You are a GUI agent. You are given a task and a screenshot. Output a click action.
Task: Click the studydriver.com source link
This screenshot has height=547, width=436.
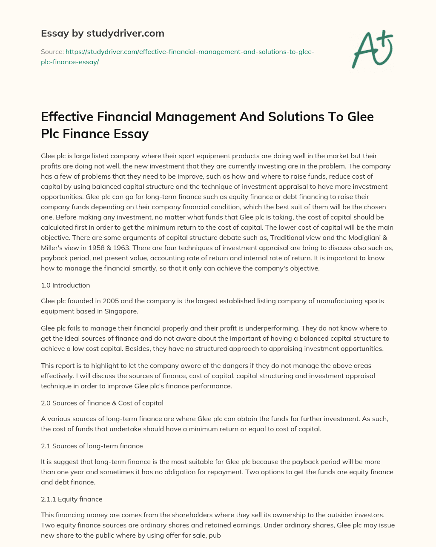pos(189,57)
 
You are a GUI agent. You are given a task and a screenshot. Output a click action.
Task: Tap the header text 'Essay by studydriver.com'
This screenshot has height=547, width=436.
pos(103,33)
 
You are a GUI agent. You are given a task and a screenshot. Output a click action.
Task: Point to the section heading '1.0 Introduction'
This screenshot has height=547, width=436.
pos(66,285)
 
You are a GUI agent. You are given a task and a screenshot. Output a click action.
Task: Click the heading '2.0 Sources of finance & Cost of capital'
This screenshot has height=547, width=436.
pos(102,403)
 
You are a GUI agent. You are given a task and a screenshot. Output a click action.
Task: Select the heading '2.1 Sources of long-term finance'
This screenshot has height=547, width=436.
pos(92,446)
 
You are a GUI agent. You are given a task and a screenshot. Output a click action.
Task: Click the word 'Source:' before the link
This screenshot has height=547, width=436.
pos(52,51)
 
